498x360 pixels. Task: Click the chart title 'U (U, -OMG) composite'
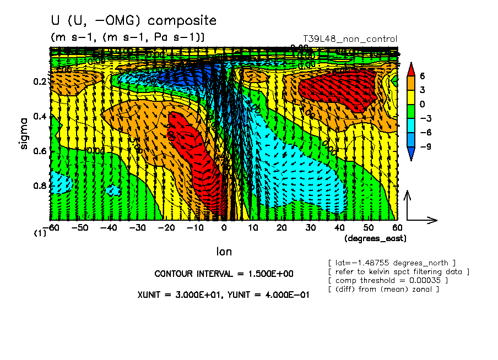click(x=133, y=21)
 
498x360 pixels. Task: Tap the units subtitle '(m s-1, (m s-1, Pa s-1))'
click(x=127, y=37)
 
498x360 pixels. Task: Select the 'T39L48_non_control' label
click(x=350, y=39)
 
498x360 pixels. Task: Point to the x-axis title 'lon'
click(x=224, y=252)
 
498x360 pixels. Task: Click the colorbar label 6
click(x=421, y=75)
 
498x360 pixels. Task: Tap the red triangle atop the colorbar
click(x=410, y=68)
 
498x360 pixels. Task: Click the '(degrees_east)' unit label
click(x=375, y=238)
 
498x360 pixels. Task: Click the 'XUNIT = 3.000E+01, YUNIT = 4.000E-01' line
click(x=223, y=295)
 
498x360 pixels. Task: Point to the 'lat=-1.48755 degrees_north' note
click(x=392, y=263)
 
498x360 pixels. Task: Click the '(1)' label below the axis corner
click(x=40, y=233)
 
